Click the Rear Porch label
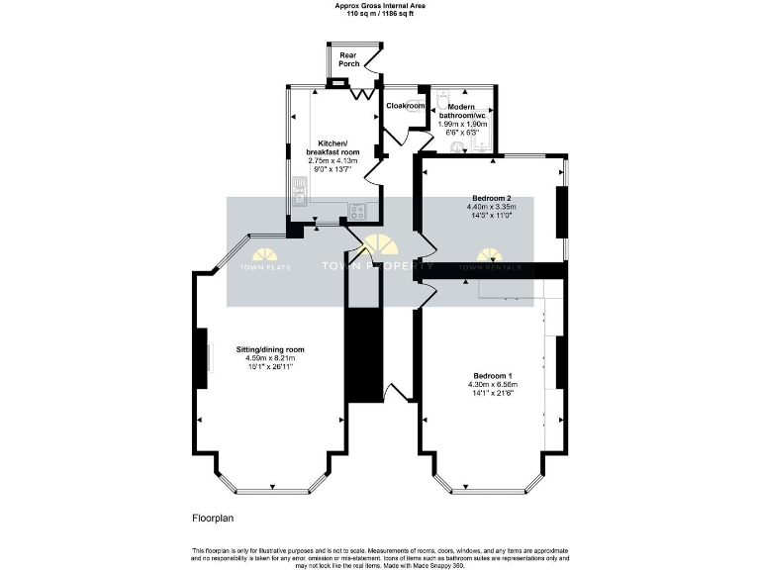pos(348,59)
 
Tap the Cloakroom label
pos(405,105)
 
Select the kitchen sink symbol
pos(299,187)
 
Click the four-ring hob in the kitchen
pos(356,210)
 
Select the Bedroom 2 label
pos(489,198)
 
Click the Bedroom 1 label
pos(492,375)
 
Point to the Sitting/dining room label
pos(269,349)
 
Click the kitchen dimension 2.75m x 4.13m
pos(332,160)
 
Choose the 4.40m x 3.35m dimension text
pos(491,207)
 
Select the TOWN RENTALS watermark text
pos(482,267)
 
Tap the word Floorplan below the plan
pos(212,518)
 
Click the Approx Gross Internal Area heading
pos(379,5)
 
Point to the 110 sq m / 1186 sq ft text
pos(379,13)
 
